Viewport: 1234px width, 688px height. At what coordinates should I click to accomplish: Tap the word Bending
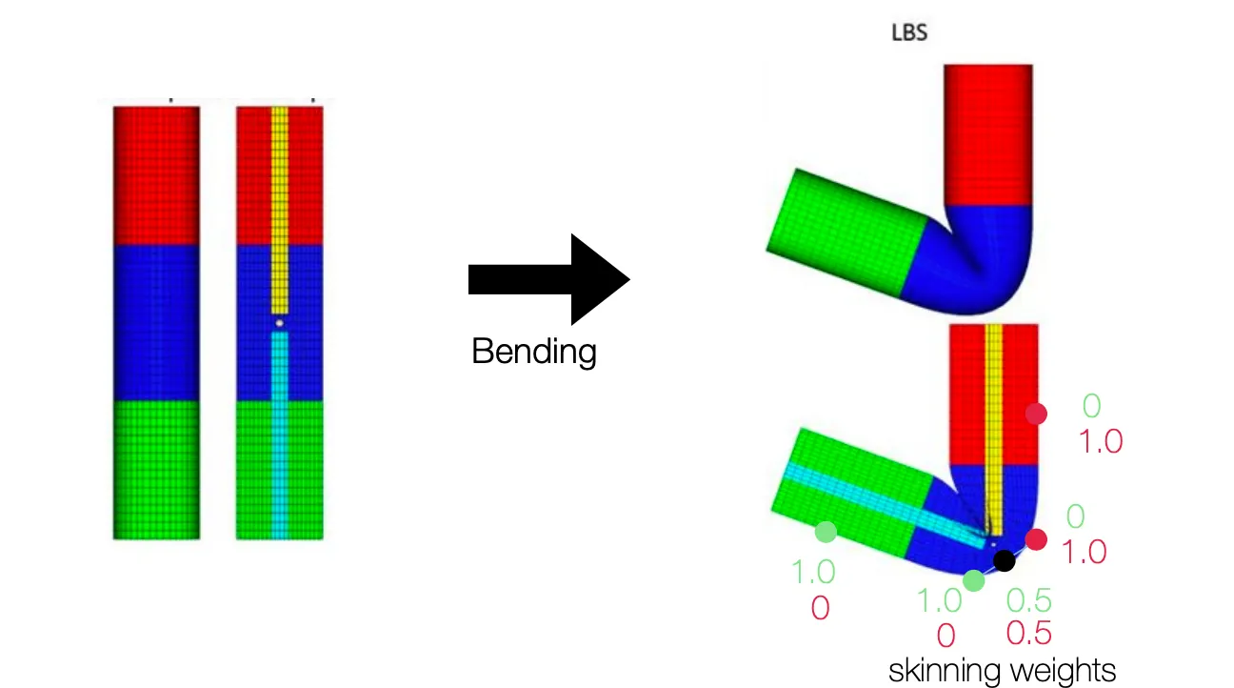pyautogui.click(x=533, y=353)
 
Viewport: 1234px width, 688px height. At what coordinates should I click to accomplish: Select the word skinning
pyautogui.click(x=942, y=670)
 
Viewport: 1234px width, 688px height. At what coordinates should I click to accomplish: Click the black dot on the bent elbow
pyautogui.click(x=1004, y=559)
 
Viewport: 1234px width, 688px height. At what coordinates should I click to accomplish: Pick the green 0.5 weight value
pyautogui.click(x=1029, y=600)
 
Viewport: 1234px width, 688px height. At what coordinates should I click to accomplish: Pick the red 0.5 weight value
pyautogui.click(x=1029, y=632)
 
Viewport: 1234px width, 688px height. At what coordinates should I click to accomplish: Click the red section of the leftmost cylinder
pyautogui.click(x=156, y=175)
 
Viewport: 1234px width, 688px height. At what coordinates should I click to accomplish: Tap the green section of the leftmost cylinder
pyautogui.click(x=156, y=469)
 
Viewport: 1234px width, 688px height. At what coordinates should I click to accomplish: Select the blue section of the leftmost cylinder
pyautogui.click(x=156, y=322)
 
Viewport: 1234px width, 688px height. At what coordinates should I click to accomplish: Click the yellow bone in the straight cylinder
pyautogui.click(x=280, y=210)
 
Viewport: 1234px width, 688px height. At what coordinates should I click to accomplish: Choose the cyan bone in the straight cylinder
pyautogui.click(x=279, y=429)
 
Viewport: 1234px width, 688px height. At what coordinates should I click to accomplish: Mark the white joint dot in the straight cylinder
pyautogui.click(x=280, y=324)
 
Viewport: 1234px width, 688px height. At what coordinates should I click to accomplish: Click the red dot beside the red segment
pyautogui.click(x=1036, y=414)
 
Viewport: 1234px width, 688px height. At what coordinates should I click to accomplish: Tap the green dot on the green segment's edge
pyautogui.click(x=826, y=532)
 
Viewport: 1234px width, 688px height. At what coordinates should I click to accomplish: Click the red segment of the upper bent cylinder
pyautogui.click(x=988, y=133)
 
